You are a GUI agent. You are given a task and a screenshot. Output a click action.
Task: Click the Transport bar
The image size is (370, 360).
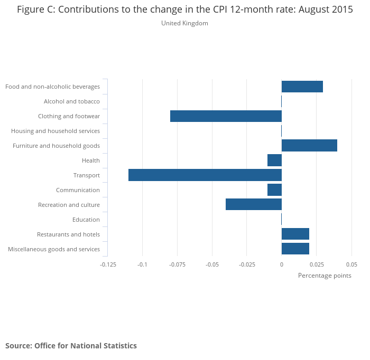click(x=205, y=175)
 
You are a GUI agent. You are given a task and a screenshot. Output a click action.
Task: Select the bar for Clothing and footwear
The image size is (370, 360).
click(x=226, y=116)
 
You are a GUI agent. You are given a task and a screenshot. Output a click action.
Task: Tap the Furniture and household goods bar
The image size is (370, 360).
click(x=309, y=146)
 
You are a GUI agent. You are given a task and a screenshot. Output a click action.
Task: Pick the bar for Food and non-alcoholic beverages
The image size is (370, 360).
click(x=302, y=87)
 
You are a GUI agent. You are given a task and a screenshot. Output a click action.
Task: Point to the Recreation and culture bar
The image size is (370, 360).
click(x=254, y=205)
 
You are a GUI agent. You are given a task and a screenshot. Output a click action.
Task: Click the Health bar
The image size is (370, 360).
click(x=274, y=160)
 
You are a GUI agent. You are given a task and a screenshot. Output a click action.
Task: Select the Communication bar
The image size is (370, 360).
click(x=274, y=190)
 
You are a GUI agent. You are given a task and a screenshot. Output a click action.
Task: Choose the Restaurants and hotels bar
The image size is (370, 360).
click(x=295, y=234)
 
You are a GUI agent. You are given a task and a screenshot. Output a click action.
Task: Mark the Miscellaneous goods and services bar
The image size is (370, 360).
click(x=295, y=249)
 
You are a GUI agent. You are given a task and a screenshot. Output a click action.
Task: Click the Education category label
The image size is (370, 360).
click(x=86, y=220)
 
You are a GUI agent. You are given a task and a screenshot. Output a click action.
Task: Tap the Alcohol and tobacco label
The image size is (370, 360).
click(x=71, y=101)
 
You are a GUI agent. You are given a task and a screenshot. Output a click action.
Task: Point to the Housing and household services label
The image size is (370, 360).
click(x=55, y=131)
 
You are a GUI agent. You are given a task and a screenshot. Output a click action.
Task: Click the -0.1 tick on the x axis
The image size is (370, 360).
click(x=142, y=264)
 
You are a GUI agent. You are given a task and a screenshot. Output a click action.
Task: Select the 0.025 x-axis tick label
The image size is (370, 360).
click(x=317, y=264)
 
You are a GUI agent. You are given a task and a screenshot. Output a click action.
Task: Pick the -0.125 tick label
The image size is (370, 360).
click(x=108, y=264)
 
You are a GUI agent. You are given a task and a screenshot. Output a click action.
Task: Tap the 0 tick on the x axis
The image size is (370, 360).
click(x=282, y=264)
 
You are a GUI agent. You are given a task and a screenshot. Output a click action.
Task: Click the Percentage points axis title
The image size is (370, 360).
click(x=325, y=276)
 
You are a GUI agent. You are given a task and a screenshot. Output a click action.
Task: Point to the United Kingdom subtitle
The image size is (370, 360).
click(x=184, y=23)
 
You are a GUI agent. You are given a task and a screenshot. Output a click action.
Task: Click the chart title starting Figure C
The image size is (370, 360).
click(x=184, y=10)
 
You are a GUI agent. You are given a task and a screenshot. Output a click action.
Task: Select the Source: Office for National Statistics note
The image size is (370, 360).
click(x=71, y=346)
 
